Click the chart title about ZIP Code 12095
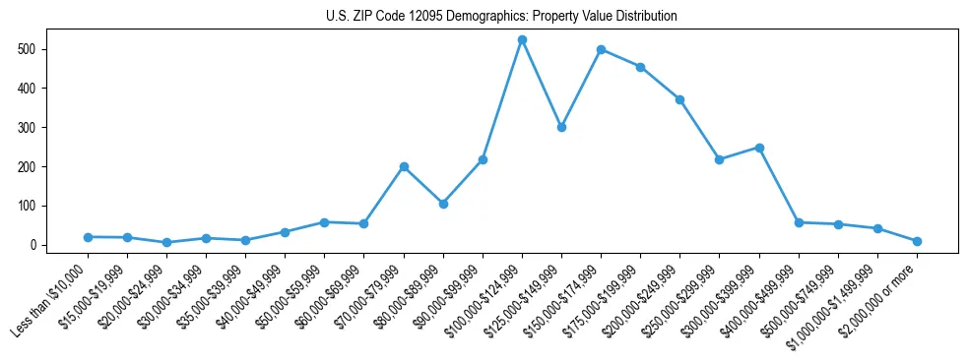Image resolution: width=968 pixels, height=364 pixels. coord(501,17)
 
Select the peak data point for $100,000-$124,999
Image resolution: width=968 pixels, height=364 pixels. coord(522,39)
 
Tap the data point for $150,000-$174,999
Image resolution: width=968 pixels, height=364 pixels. coord(601,49)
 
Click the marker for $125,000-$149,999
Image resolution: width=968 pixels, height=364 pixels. coord(561,127)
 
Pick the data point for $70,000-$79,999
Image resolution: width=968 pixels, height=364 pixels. coord(404,167)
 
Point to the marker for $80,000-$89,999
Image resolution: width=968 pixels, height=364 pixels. coord(443,204)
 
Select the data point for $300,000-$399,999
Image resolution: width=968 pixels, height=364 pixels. coord(759,148)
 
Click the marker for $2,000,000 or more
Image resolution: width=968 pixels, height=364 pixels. coord(917,241)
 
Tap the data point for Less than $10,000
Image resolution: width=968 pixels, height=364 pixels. coord(88,237)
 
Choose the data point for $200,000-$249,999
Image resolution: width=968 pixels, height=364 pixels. coord(679,99)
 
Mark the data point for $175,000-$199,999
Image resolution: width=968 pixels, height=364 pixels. coord(640,67)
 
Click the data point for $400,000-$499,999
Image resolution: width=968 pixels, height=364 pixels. coord(799,222)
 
